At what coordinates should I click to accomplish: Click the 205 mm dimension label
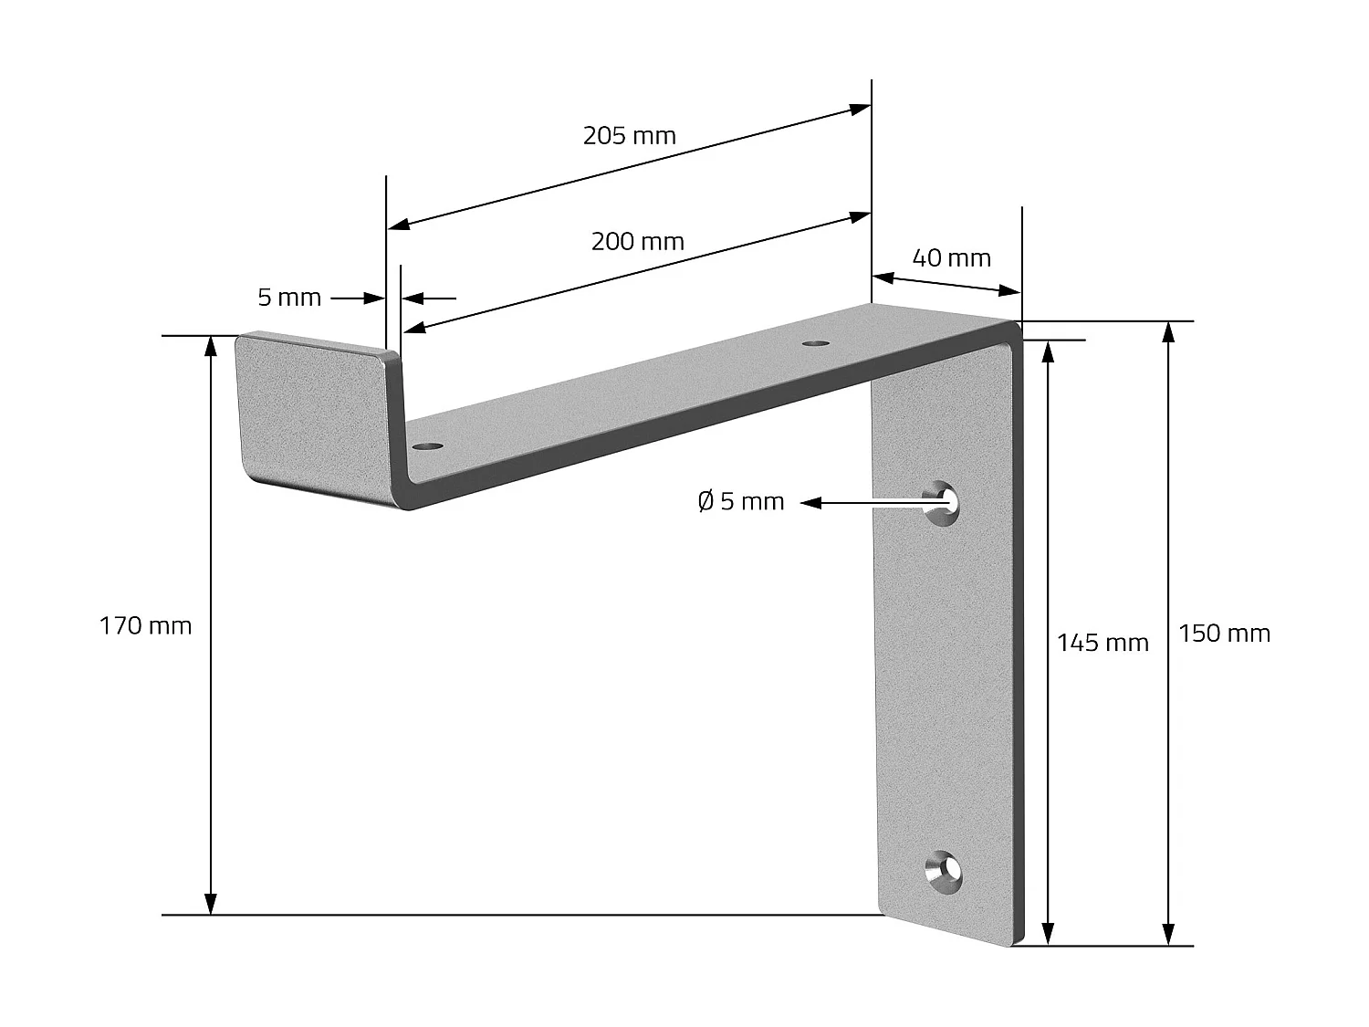tap(629, 136)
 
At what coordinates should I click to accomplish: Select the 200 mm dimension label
tap(637, 242)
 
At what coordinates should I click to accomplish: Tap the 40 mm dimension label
tap(951, 258)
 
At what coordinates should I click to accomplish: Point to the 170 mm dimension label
tap(145, 626)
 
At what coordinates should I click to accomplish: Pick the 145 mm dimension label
tap(1102, 644)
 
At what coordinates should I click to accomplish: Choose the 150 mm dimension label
tap(1223, 634)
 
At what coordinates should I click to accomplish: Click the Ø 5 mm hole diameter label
tap(740, 501)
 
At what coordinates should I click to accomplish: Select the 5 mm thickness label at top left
tap(289, 298)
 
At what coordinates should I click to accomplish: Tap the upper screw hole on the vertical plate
tap(944, 502)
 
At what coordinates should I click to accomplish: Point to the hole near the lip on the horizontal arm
tap(427, 446)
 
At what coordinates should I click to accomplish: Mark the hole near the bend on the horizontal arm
tap(815, 343)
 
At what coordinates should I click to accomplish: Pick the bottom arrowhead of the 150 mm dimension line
tap(1168, 934)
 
